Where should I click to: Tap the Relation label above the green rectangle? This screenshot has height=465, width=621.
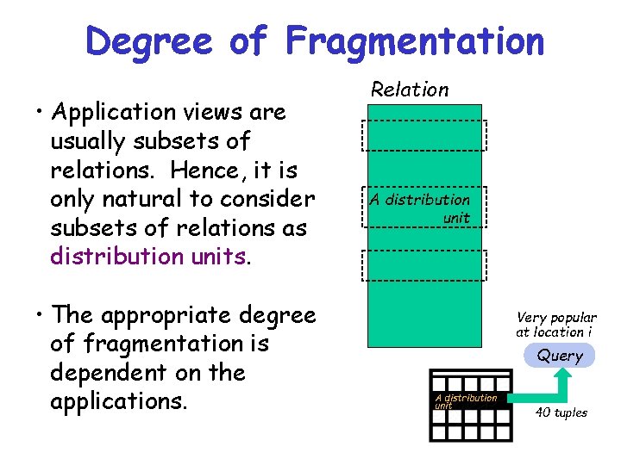pos(410,90)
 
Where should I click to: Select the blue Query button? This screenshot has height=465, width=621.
pos(561,355)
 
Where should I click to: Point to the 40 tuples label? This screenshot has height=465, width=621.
pos(561,412)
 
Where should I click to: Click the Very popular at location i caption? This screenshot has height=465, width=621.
pos(556,325)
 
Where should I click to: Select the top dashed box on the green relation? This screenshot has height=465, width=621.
pos(424,135)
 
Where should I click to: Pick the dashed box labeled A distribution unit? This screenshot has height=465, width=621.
pos(424,208)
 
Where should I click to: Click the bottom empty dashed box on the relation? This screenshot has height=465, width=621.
pos(424,264)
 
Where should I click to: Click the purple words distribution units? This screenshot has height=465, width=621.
pos(149,257)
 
